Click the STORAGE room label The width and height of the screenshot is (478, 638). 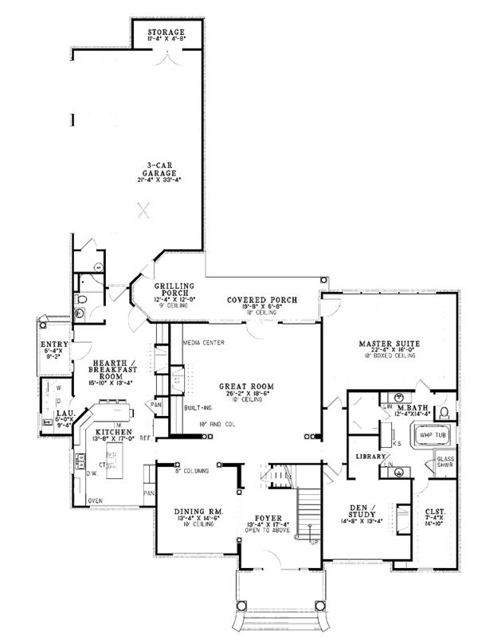click(167, 31)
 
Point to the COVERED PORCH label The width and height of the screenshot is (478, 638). click(261, 300)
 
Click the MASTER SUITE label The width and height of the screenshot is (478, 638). click(389, 344)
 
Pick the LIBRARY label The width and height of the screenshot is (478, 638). click(370, 457)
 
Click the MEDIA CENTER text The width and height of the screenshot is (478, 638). click(203, 343)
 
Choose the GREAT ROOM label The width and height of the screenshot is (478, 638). click(243, 387)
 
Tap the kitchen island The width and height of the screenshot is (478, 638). click(113, 458)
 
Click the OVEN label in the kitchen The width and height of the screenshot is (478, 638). click(95, 500)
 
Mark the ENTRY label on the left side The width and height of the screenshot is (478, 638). click(55, 344)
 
